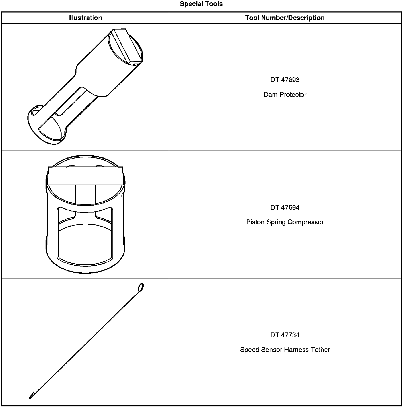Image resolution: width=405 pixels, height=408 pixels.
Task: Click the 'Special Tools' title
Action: click(201, 4)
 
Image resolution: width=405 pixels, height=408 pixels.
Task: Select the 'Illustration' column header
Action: click(85, 18)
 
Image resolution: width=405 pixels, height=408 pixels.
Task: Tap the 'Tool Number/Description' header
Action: click(285, 18)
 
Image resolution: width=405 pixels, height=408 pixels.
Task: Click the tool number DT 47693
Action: click(285, 80)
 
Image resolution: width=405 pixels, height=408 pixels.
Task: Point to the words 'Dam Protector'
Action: click(285, 94)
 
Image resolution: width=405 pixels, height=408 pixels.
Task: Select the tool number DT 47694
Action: click(285, 207)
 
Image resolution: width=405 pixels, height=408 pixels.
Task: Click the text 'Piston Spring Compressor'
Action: click(285, 222)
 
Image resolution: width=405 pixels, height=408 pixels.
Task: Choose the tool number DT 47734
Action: click(285, 335)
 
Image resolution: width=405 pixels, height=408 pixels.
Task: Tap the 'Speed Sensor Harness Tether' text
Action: click(285, 349)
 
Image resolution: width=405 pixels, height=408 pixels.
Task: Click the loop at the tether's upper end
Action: click(141, 287)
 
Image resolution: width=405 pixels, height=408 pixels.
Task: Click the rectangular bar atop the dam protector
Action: click(127, 46)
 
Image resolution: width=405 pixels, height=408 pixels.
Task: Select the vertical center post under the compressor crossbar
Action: click(85, 195)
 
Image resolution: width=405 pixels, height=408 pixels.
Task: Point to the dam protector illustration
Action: click(85, 88)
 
